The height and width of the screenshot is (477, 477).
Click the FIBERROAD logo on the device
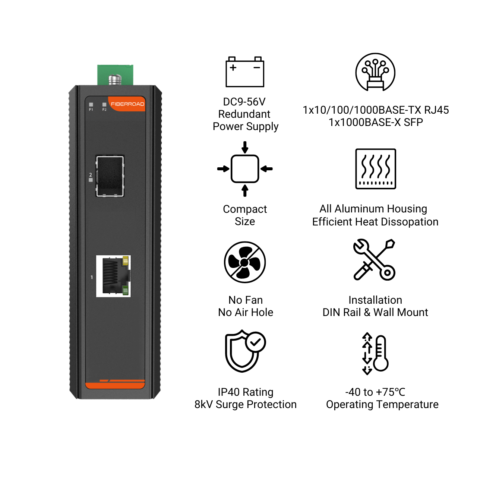(127, 104)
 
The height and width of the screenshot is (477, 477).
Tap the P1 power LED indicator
(91, 105)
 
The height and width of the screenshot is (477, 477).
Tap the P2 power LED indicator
(104, 105)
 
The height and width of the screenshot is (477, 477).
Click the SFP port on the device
(110, 176)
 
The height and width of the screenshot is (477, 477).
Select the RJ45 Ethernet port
(113, 276)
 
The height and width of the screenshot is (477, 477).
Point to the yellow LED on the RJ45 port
(126, 260)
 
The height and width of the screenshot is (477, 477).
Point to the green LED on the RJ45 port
(125, 290)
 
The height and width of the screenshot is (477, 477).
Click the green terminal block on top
(115, 75)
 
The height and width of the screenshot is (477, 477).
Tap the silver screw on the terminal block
(115, 80)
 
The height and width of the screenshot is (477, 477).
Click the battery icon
(245, 72)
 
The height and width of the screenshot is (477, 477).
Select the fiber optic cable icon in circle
(375, 72)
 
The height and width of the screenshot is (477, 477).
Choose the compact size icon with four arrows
(245, 169)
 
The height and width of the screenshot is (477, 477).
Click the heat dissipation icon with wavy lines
(376, 169)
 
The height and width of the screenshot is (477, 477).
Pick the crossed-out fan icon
(245, 262)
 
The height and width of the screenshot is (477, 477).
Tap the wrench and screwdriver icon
(374, 260)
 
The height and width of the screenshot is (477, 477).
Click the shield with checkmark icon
(245, 351)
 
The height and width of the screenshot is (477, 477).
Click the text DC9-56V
(244, 102)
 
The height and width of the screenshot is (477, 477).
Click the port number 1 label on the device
(92, 277)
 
